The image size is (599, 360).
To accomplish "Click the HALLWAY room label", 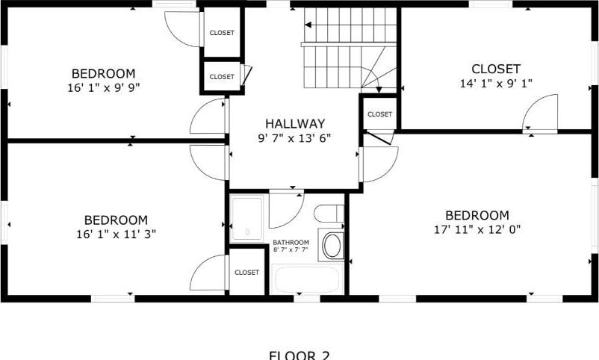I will (295, 124).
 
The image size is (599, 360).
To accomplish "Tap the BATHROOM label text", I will (291, 243).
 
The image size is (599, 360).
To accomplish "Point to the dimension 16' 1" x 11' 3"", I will (115, 234).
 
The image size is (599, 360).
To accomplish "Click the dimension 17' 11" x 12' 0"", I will (477, 229).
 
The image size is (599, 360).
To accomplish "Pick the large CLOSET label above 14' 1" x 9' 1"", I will (495, 69).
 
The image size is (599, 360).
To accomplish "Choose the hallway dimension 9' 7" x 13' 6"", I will (295, 138).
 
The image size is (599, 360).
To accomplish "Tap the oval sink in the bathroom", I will (331, 246).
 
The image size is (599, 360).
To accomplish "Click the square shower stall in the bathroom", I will (247, 218).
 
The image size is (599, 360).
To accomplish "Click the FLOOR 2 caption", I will (298, 355).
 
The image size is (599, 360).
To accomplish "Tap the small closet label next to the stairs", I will (379, 114).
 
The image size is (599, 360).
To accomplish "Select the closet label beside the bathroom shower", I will (246, 273).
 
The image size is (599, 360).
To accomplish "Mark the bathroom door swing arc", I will (285, 210).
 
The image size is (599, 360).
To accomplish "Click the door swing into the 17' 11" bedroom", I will (379, 164).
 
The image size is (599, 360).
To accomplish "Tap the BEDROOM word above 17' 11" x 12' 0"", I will (477, 215).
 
